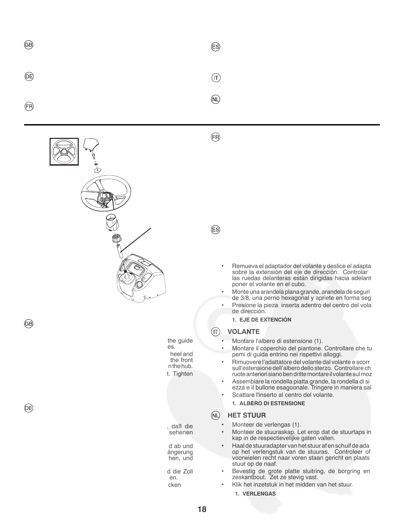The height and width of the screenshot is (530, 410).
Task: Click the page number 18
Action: coord(202,510)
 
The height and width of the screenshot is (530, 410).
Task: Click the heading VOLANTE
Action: coord(244,332)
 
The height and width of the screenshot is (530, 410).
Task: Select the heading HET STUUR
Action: coord(247,415)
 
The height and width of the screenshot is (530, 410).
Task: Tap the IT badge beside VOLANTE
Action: coord(216,332)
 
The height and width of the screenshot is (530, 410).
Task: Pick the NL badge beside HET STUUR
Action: coord(216,416)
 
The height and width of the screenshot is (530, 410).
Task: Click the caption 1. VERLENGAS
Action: coord(255,494)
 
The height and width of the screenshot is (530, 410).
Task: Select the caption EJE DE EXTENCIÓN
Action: coord(265,320)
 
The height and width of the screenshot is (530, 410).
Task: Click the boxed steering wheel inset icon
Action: coord(64,152)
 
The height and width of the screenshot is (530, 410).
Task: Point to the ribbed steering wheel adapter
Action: coord(116,240)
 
